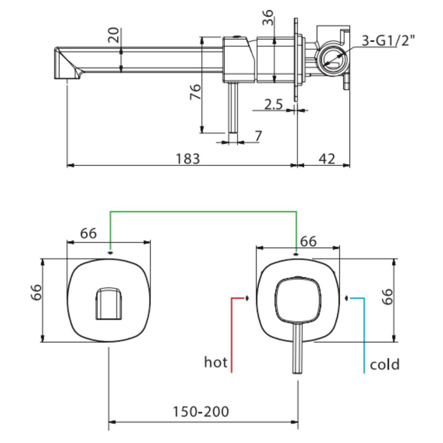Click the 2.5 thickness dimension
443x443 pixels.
click(x=273, y=105)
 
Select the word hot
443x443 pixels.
click(x=215, y=363)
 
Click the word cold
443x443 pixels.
click(x=385, y=364)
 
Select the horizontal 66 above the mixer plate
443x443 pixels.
click(x=308, y=241)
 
